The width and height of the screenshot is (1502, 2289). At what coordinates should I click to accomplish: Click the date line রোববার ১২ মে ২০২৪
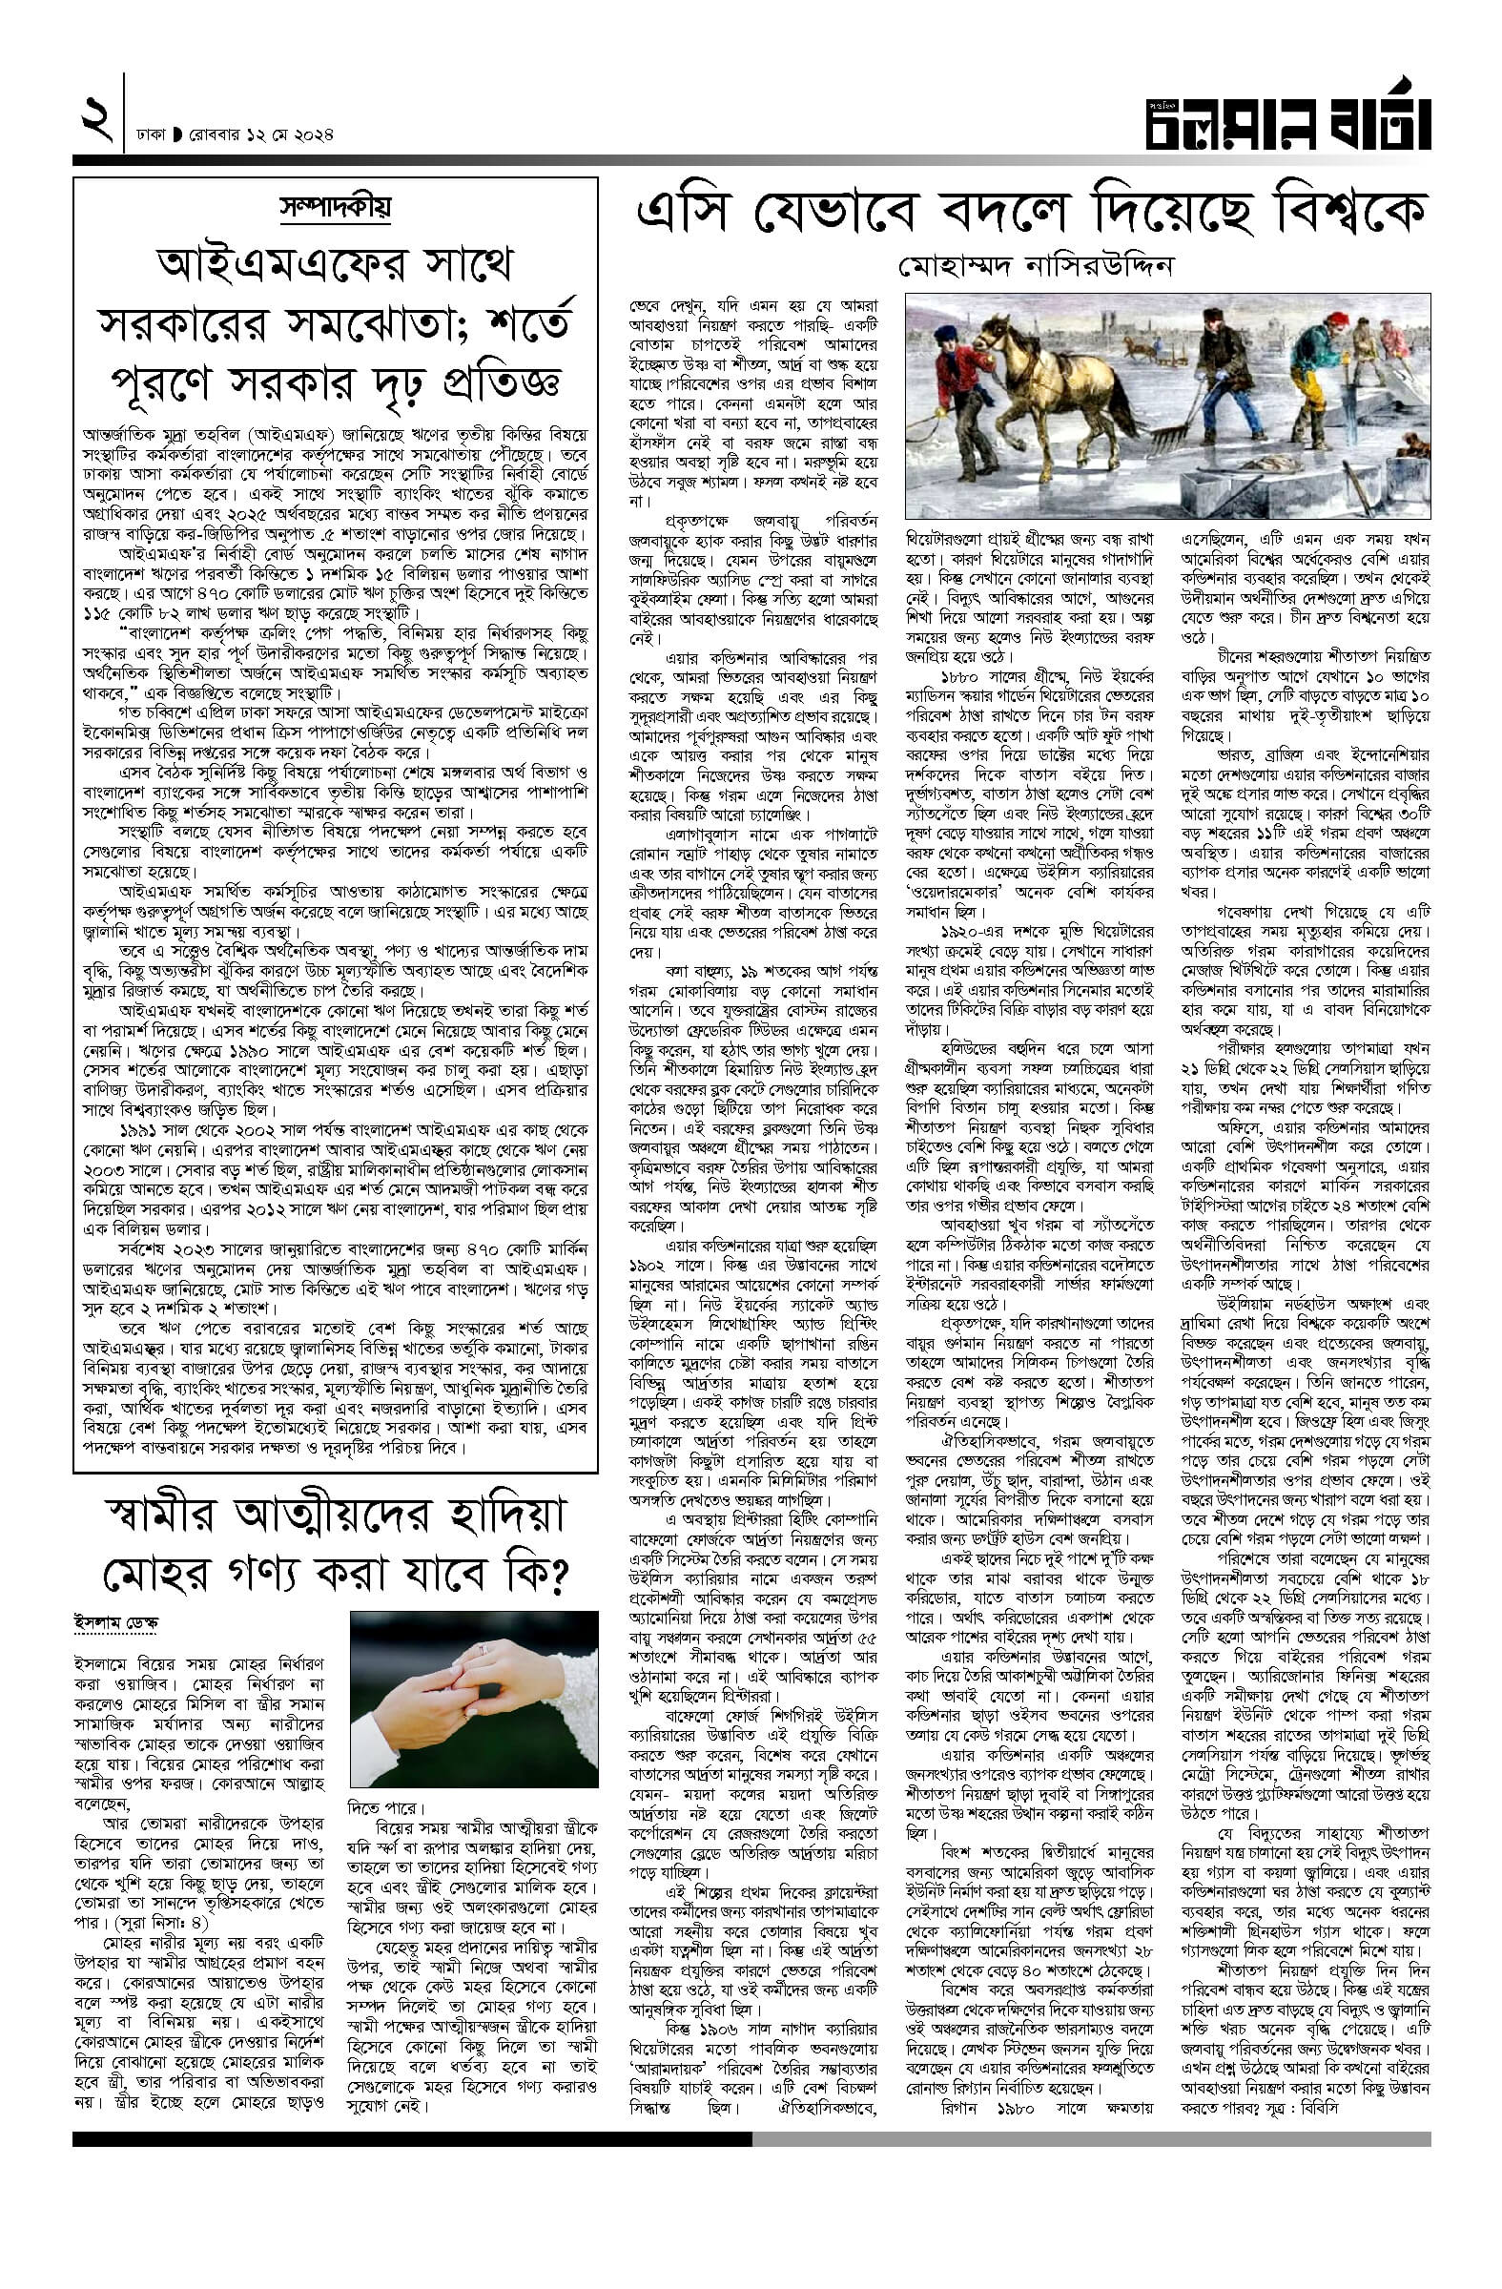259,134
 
